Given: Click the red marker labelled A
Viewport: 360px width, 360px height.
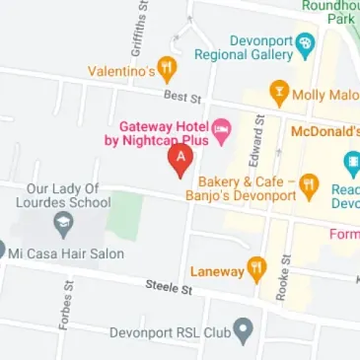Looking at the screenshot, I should tap(180, 159).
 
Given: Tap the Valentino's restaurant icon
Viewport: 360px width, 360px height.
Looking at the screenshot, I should tap(167, 69).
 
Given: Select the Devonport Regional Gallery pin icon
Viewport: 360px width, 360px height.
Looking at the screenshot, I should tap(305, 44).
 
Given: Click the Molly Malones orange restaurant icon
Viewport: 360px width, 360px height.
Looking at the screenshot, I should tap(279, 94).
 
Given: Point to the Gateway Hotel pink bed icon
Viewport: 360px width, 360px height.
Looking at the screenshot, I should tap(223, 127).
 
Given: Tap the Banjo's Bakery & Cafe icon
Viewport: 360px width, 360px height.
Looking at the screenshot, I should tap(309, 183).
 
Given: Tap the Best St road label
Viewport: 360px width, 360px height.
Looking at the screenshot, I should tap(182, 98).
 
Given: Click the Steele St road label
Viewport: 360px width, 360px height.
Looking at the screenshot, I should tap(168, 286).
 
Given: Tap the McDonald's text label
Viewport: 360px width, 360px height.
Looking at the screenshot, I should tap(324, 130).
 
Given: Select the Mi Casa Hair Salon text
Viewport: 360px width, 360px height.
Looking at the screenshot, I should tap(67, 253).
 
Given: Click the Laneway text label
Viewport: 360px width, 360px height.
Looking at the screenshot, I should tap(217, 269).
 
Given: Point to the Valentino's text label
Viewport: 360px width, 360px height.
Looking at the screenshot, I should tap(121, 71).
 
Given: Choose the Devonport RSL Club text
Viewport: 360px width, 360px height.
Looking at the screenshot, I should tap(169, 332).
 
